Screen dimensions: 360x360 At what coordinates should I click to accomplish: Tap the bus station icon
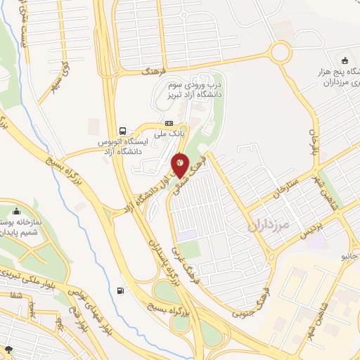(124, 131)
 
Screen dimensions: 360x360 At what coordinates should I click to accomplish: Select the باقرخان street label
(314, 131)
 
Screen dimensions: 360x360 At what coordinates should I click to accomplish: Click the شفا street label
(14, 296)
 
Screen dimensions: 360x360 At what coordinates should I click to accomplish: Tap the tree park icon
(8, 349)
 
